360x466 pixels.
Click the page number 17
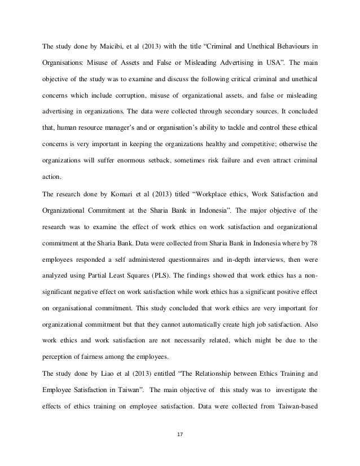(x=180, y=433)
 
